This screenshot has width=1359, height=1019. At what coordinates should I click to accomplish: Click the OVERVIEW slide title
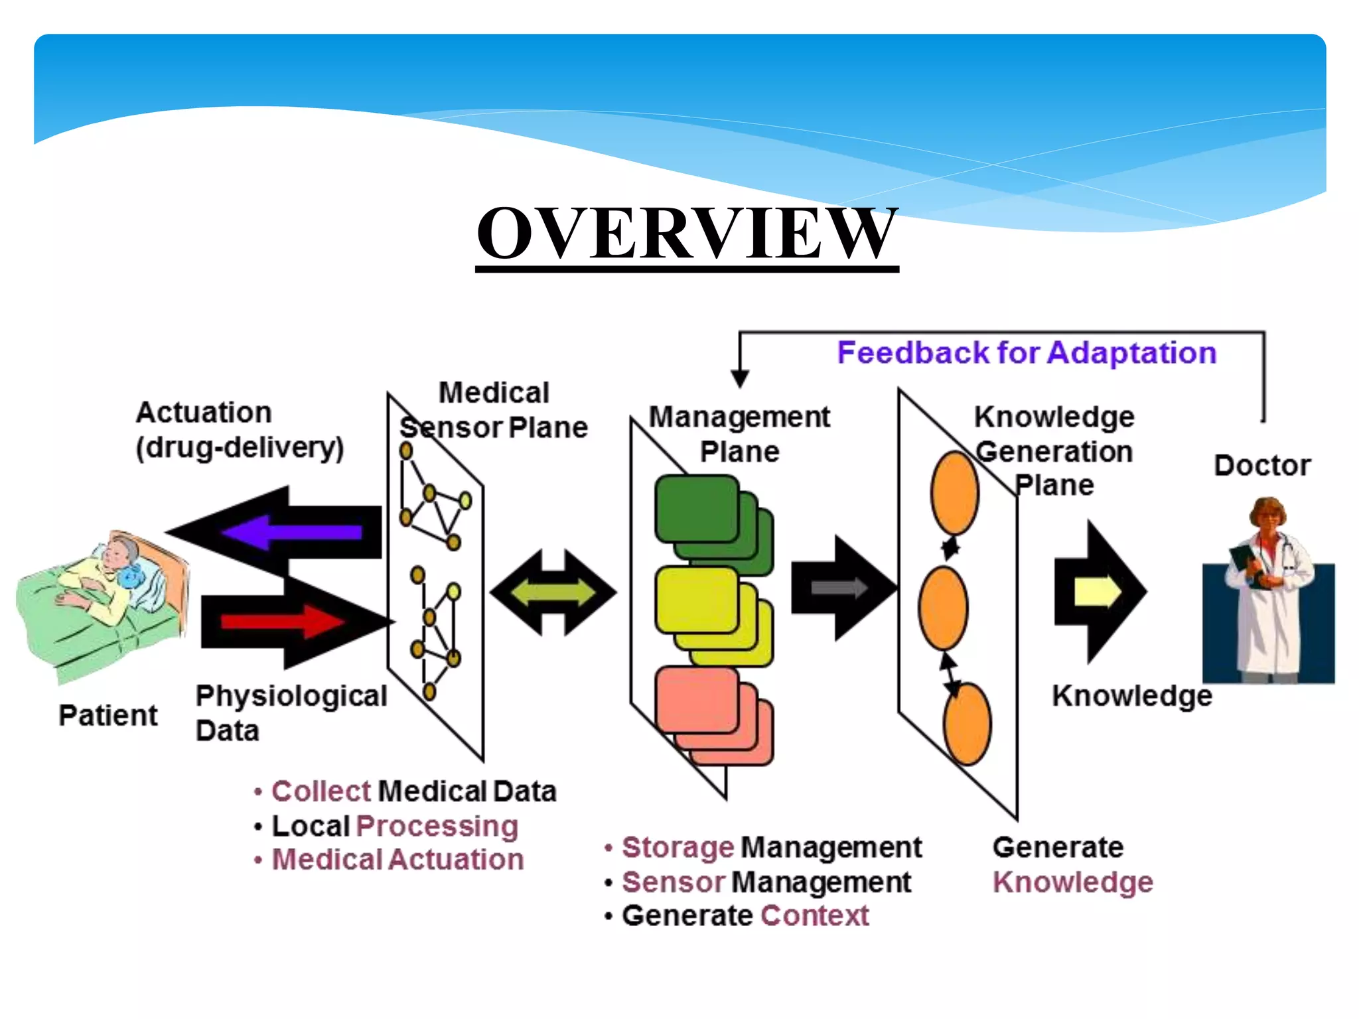(687, 234)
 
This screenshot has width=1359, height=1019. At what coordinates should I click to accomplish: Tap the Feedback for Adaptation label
(1026, 352)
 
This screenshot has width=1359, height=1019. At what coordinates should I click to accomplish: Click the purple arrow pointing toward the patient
(292, 531)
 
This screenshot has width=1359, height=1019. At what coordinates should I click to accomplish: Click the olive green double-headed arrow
(553, 592)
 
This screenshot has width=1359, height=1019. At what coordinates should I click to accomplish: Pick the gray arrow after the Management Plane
(839, 587)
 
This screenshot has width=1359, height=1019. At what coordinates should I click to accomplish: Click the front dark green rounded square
(695, 509)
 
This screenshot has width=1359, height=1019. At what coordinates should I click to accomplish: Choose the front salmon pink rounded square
(695, 699)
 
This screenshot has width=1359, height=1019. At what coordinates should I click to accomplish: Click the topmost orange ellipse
(954, 492)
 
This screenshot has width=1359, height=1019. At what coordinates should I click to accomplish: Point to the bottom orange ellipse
(967, 724)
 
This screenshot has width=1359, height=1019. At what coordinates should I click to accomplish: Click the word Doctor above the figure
(1261, 465)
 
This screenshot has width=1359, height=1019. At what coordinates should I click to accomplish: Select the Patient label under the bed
(108, 715)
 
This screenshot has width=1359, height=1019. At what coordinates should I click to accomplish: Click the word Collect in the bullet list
(321, 791)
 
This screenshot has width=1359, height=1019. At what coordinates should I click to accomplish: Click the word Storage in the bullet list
(678, 847)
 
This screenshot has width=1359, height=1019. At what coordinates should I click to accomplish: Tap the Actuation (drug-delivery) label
(239, 430)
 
